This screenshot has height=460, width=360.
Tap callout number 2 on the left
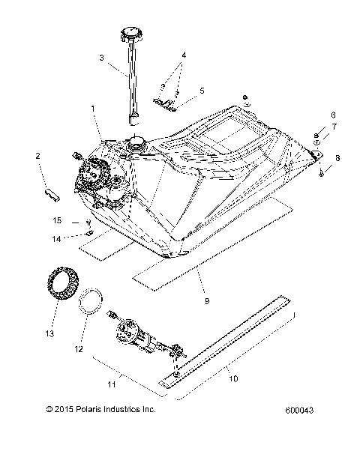[x=36, y=156]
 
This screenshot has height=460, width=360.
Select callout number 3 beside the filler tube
[x=102, y=57]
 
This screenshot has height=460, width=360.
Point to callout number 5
[x=201, y=91]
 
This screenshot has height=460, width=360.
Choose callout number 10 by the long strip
[x=233, y=379]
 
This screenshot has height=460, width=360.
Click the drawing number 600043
[x=301, y=432]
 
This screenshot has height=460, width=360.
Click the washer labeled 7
[x=318, y=142]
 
